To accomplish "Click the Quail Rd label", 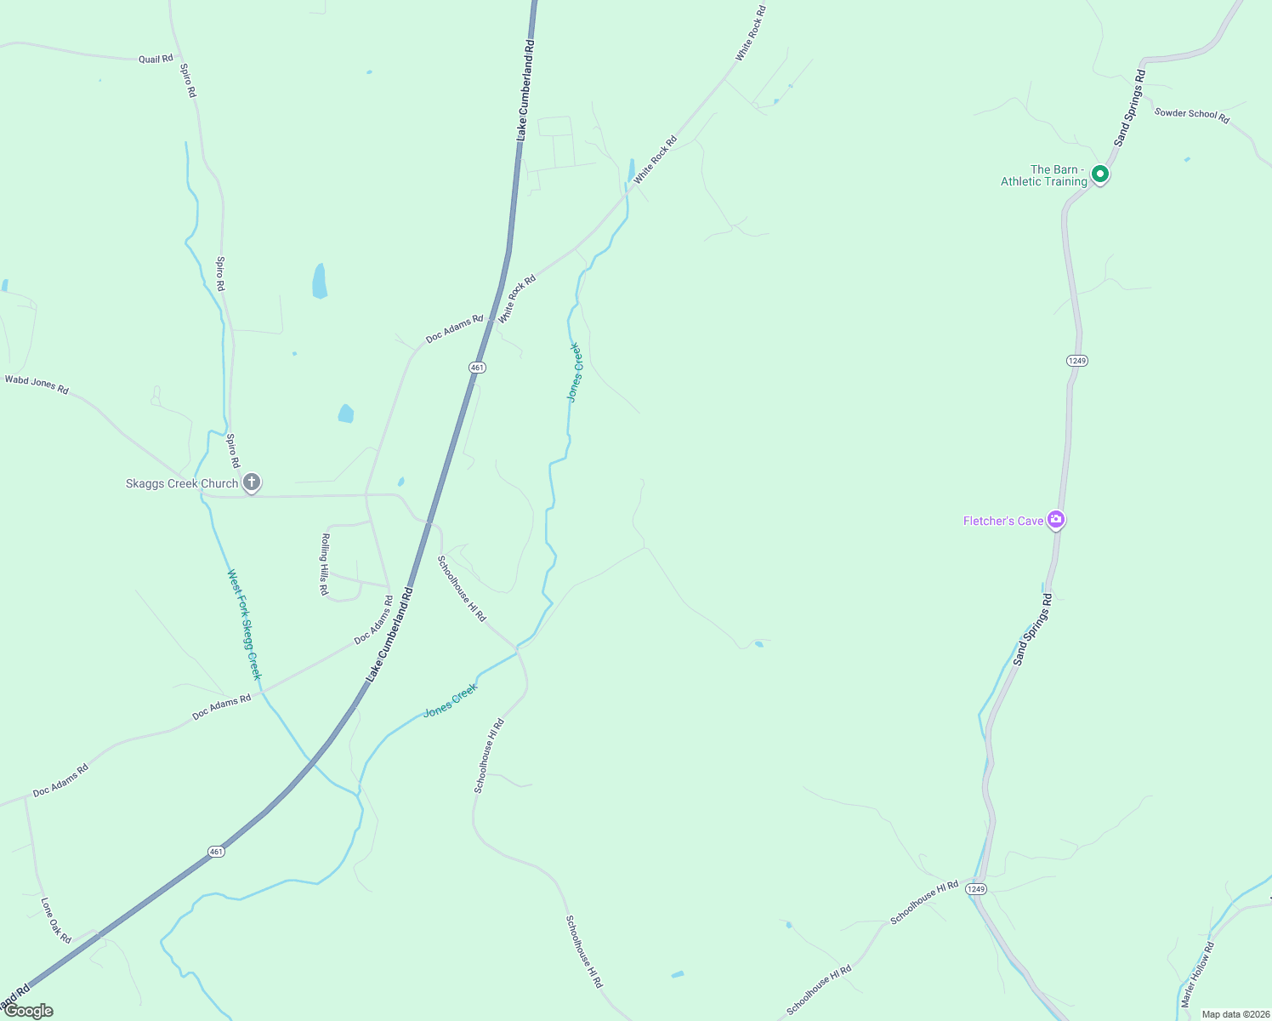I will pyautogui.click(x=156, y=59).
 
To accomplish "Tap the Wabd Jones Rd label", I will pyautogui.click(x=37, y=384).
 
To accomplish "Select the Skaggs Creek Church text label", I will pyautogui.click(x=182, y=483).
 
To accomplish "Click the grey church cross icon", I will pyautogui.click(x=252, y=482).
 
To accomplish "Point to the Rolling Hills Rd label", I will pyautogui.click(x=324, y=564).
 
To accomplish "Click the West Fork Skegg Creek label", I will pyautogui.click(x=244, y=625).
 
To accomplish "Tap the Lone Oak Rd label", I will pyautogui.click(x=56, y=920).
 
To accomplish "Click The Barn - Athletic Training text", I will pyautogui.click(x=1044, y=175).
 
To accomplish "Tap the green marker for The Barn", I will pyautogui.click(x=1099, y=174).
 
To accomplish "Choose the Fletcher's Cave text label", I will pyautogui.click(x=1003, y=521).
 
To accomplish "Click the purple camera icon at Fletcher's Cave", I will pyautogui.click(x=1056, y=519).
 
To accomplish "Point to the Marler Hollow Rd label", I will pyautogui.click(x=1197, y=974).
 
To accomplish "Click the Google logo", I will pyautogui.click(x=29, y=1011).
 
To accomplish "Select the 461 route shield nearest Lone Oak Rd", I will pyautogui.click(x=217, y=852).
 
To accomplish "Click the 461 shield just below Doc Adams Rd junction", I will pyautogui.click(x=477, y=368).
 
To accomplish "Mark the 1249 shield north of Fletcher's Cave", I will pyautogui.click(x=1076, y=361).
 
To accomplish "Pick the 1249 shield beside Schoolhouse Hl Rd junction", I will pyautogui.click(x=975, y=889).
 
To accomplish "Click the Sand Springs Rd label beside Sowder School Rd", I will pyautogui.click(x=1130, y=108).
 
